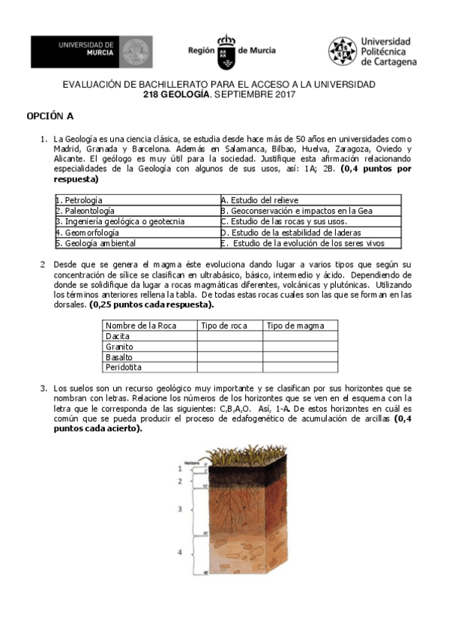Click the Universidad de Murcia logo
91,51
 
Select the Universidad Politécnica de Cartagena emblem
342,51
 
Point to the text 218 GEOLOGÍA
181,94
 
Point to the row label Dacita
118,336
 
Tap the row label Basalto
120,357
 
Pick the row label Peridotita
124,367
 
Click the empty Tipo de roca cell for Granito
229,346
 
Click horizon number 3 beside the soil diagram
179,509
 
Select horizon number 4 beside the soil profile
179,552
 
